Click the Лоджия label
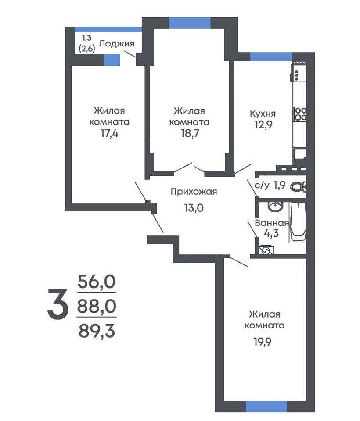(x=116, y=43)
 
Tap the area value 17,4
(x=109, y=133)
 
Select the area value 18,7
(x=190, y=133)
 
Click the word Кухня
(x=263, y=114)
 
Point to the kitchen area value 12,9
(x=263, y=125)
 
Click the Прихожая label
(x=194, y=192)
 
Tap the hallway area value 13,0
(x=194, y=207)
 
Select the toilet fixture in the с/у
(x=299, y=186)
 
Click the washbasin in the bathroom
(x=275, y=206)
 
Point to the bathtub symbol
(x=298, y=223)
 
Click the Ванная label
(x=272, y=223)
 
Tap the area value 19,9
(x=263, y=342)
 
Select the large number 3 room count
(x=57, y=303)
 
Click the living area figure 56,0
(x=97, y=282)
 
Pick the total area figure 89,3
(x=97, y=331)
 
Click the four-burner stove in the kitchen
(x=300, y=114)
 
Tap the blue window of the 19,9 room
(x=266, y=406)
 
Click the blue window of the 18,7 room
(x=190, y=22)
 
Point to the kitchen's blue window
(x=271, y=57)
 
